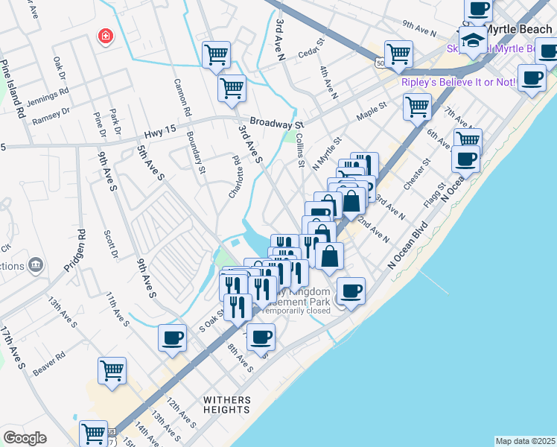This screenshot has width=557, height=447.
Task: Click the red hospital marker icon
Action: pos(106,37)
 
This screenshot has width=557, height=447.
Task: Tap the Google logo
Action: pos(25,438)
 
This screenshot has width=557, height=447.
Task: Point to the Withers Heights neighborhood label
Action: pos(227,405)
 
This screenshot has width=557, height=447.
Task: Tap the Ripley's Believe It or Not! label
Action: pos(458,82)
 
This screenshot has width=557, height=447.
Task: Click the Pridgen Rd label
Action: pos(75,250)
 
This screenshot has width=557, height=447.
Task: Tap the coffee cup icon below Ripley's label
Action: pos(532,78)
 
